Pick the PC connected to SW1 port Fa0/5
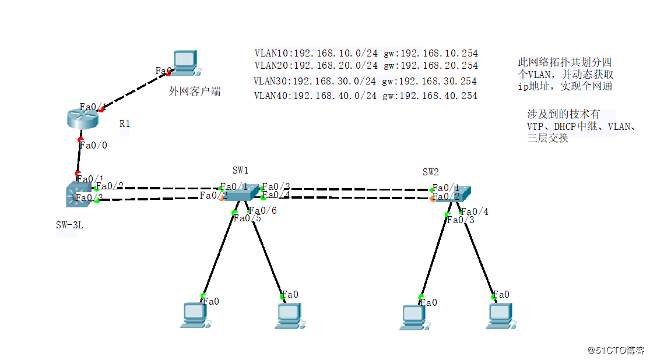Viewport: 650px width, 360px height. click(x=194, y=315)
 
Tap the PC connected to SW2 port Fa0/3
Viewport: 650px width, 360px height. click(x=413, y=316)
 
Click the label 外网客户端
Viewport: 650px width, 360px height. click(x=195, y=91)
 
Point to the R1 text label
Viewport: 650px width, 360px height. click(x=125, y=123)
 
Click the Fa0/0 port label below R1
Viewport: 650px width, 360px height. click(x=93, y=145)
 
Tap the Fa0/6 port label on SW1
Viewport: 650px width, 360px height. click(x=263, y=210)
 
